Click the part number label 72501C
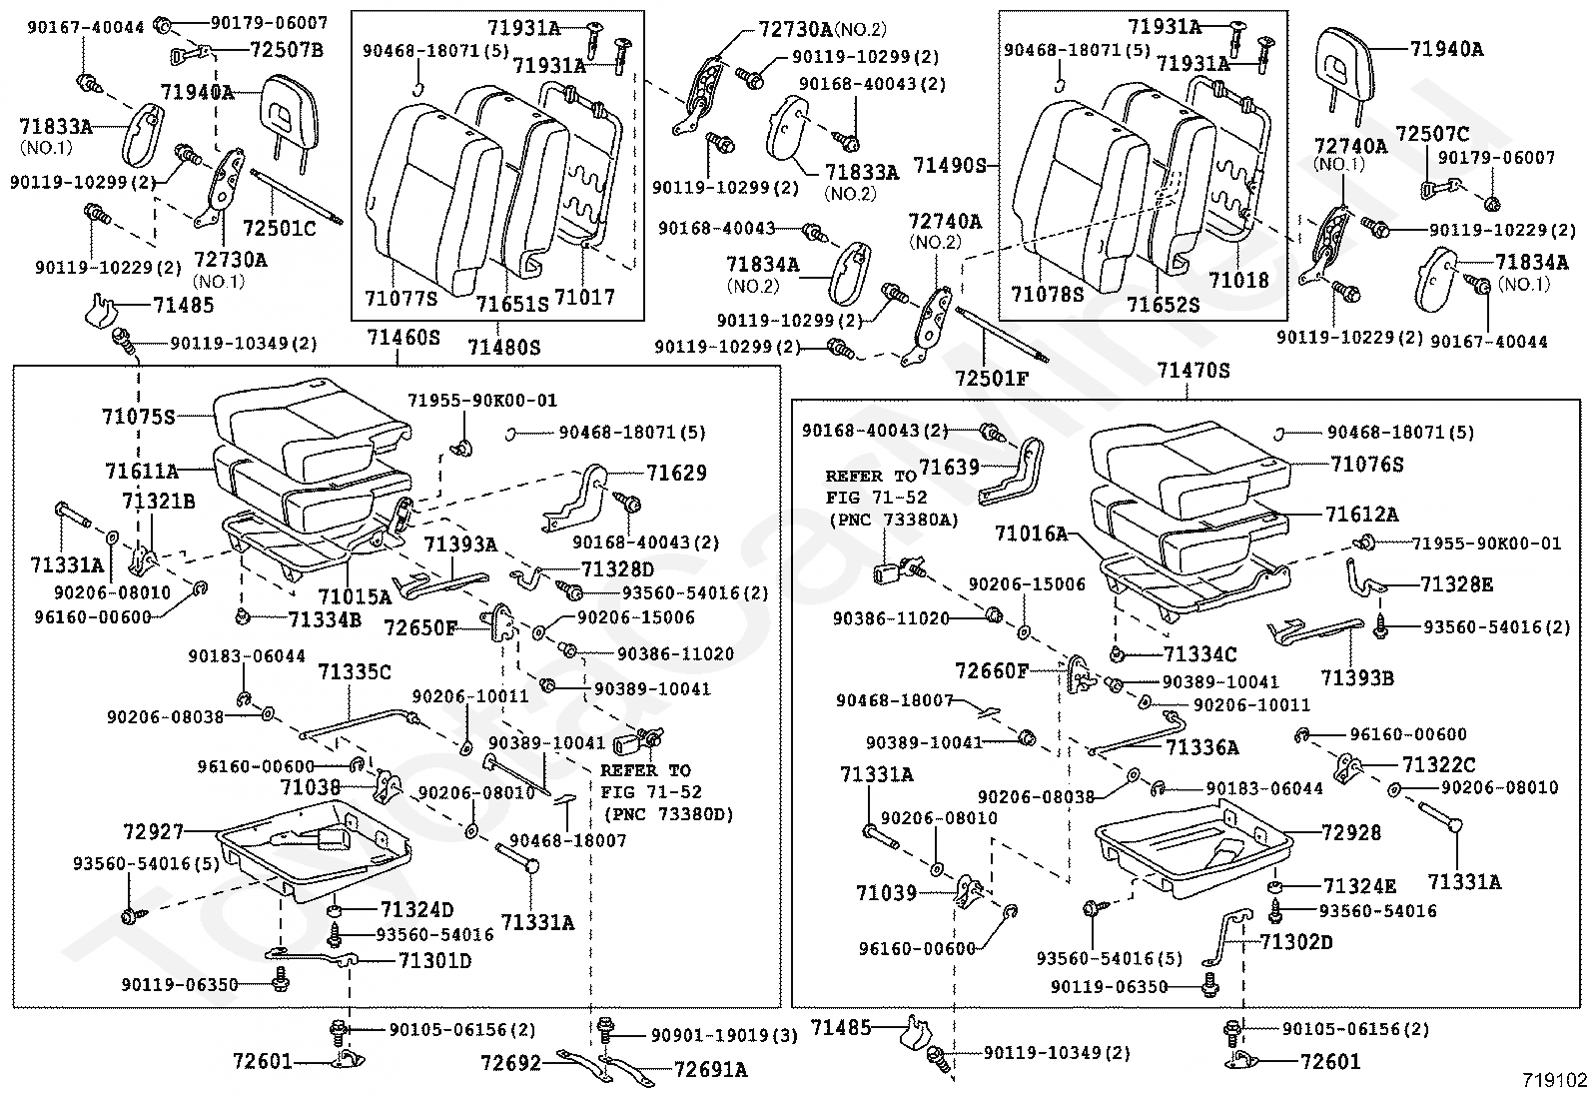pos(279,229)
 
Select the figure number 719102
pos(1554,1080)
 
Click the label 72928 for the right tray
pos(1350,832)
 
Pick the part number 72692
pos(511,1063)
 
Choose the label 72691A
pos(710,1069)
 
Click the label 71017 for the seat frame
pos(584,297)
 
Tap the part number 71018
pos(1238,281)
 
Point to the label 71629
pos(676,473)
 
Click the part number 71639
pos(950,468)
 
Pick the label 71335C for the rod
pos(356,671)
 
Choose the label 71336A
pos(1202,746)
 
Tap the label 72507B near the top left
pos(286,48)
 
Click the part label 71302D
pos(1296,941)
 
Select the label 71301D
pos(434,961)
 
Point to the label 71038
pos(311,787)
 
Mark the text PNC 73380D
pos(668,814)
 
